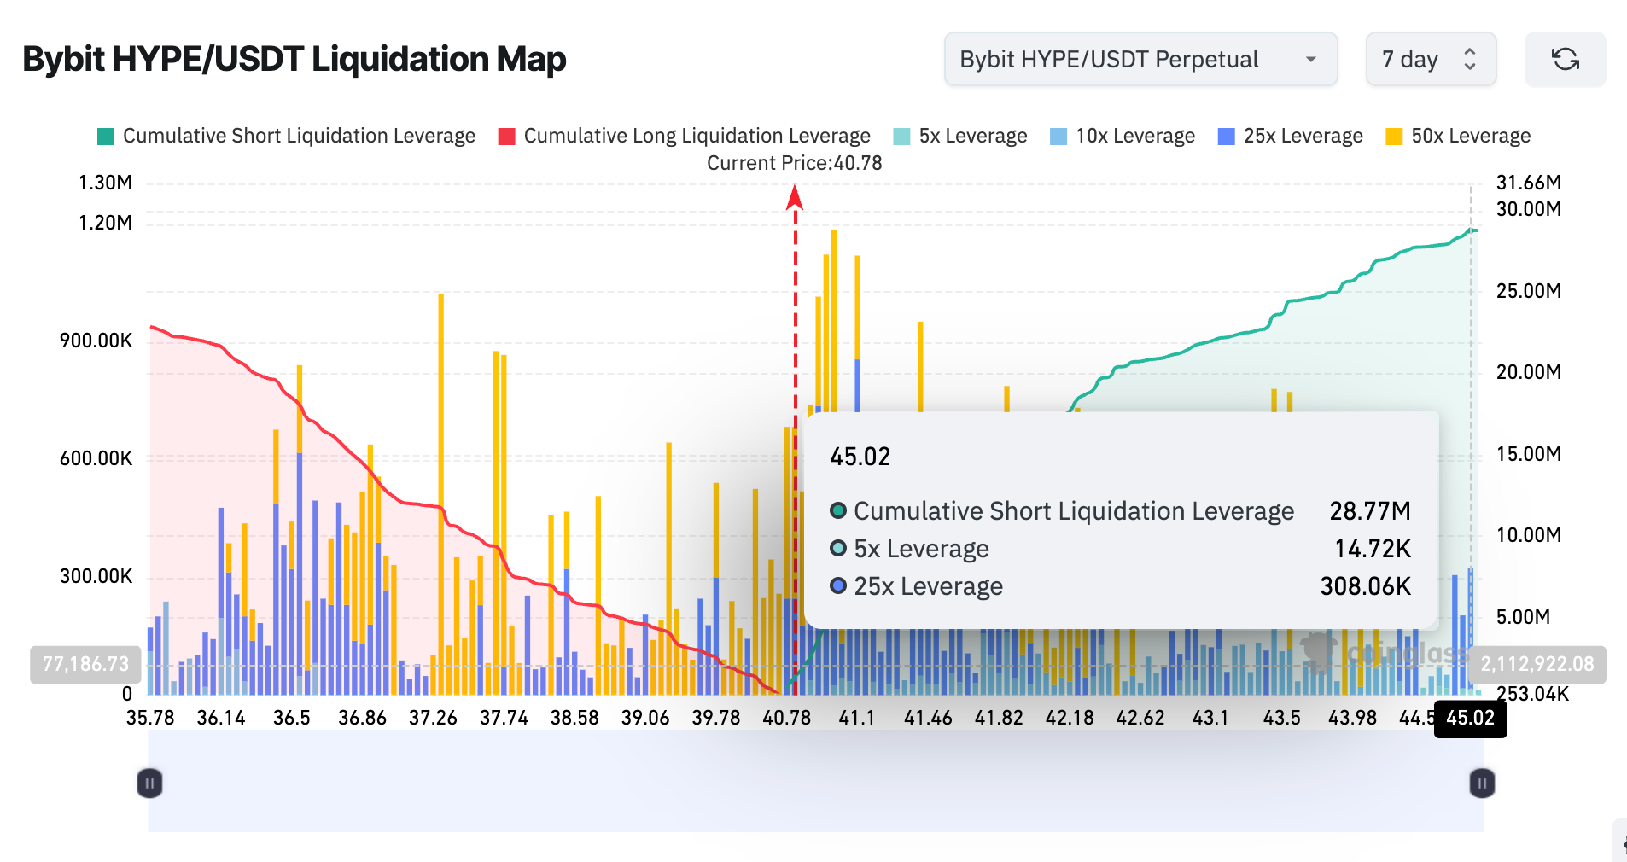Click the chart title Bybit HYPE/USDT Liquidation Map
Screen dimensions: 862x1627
294,59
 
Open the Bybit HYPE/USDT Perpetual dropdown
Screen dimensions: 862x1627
1140,59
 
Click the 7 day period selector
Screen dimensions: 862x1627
1430,59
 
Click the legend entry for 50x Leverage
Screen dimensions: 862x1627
1458,136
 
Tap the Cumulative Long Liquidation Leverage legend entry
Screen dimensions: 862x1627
685,136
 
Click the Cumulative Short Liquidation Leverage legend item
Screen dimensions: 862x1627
287,136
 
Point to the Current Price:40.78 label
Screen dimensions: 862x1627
794,163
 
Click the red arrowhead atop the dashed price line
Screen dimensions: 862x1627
795,198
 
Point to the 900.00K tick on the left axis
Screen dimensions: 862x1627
96,341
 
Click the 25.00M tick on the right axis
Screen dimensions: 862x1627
1528,291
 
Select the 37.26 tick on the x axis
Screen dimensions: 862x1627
433,718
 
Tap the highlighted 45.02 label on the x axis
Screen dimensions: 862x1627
1470,718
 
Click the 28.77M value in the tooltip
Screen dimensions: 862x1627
1369,511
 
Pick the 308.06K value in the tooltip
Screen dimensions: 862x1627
1365,586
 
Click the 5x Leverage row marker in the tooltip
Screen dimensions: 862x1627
838,549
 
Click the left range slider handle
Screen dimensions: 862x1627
149,783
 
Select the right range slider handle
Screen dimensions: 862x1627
1482,783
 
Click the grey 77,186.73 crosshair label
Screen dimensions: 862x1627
85,664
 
